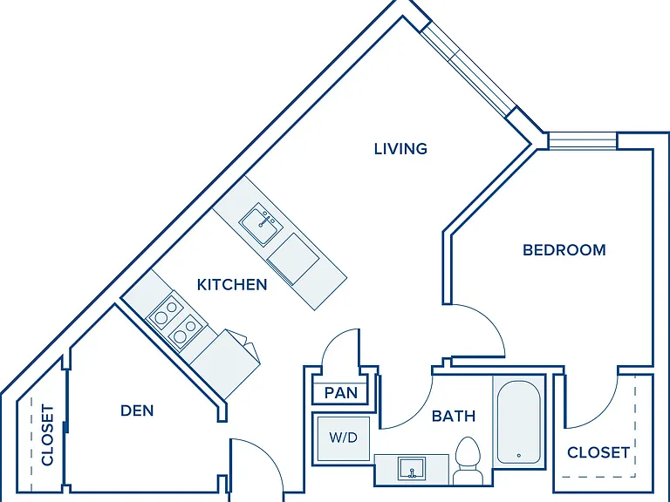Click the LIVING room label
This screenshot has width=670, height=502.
[400, 148]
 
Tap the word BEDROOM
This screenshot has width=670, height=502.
[564, 250]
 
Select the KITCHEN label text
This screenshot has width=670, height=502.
[232, 285]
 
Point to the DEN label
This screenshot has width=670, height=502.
[137, 410]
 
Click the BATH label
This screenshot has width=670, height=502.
[454, 416]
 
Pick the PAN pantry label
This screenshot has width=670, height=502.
[340, 393]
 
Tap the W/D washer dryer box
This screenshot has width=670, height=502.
[344, 438]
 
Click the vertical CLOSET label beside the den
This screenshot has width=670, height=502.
[47, 435]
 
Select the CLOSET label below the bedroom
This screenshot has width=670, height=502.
[598, 452]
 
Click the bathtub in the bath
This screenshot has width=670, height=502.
[519, 422]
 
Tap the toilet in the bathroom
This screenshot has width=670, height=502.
[468, 461]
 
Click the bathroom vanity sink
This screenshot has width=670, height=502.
[412, 468]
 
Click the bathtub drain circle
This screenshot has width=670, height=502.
[519, 456]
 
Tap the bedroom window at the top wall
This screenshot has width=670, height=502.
[583, 141]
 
